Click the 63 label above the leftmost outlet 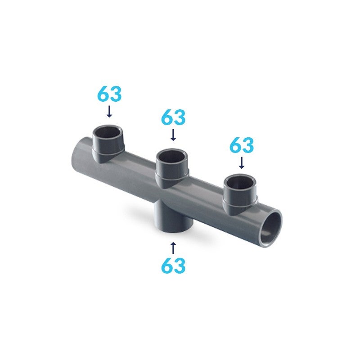pos(109,94)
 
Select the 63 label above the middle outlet pos(173,117)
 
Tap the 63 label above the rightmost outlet pos(242,145)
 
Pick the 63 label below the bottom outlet pos(173,265)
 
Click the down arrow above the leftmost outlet pos(109,111)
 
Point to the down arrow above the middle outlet pos(173,135)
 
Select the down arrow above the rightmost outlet pos(242,162)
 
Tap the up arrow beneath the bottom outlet pos(173,248)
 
